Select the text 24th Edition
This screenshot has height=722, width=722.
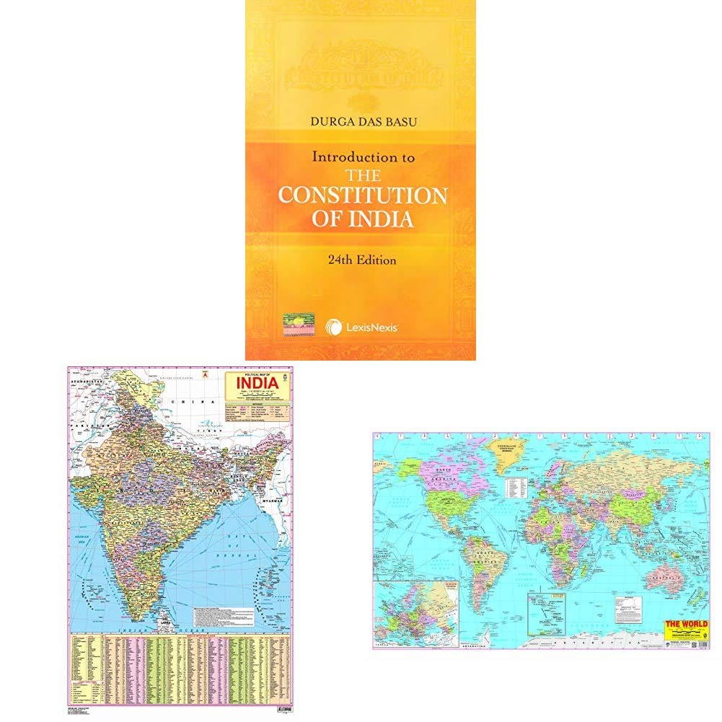(361, 260)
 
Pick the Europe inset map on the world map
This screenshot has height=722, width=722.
(415, 612)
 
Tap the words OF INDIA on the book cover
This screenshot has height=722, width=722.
(363, 220)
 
